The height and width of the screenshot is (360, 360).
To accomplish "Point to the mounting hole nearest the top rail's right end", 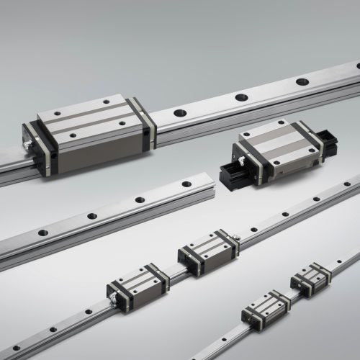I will (303, 81).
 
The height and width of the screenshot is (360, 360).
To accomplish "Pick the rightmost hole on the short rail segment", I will (186, 184).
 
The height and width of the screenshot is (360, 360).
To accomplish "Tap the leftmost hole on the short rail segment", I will (42, 233).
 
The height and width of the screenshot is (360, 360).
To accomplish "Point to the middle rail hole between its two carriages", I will (173, 272).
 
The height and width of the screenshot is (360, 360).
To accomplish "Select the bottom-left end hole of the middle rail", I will (15, 348).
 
